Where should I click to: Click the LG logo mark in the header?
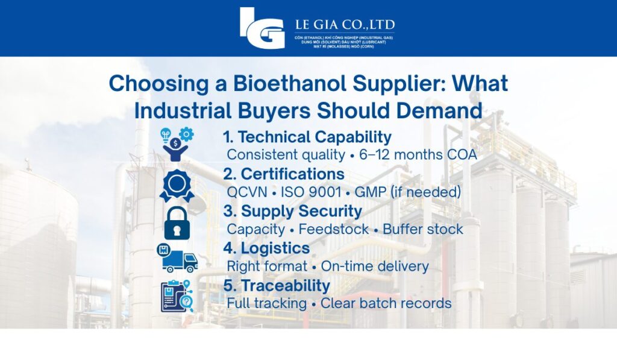[262, 28]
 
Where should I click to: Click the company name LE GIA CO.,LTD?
[345, 25]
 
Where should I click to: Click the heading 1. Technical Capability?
[307, 137]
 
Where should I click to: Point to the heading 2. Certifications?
[284, 174]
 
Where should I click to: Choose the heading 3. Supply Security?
[292, 212]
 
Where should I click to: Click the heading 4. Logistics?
[266, 248]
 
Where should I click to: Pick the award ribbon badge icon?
[177, 185]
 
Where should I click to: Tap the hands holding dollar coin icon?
[176, 145]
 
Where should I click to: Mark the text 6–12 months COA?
[418, 155]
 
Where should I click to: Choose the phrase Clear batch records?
[386, 303]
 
